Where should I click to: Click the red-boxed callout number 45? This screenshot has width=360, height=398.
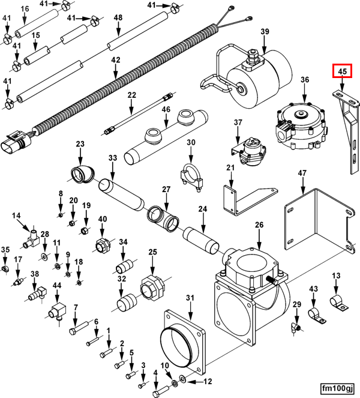[343, 72]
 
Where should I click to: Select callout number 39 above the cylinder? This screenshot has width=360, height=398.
[265, 31]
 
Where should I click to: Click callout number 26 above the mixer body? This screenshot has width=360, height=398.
[259, 226]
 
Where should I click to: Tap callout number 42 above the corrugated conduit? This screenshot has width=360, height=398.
[116, 61]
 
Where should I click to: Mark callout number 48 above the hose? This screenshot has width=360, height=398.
[118, 18]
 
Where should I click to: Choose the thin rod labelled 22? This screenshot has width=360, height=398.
[139, 112]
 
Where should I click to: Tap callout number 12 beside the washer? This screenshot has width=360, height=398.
[208, 381]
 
